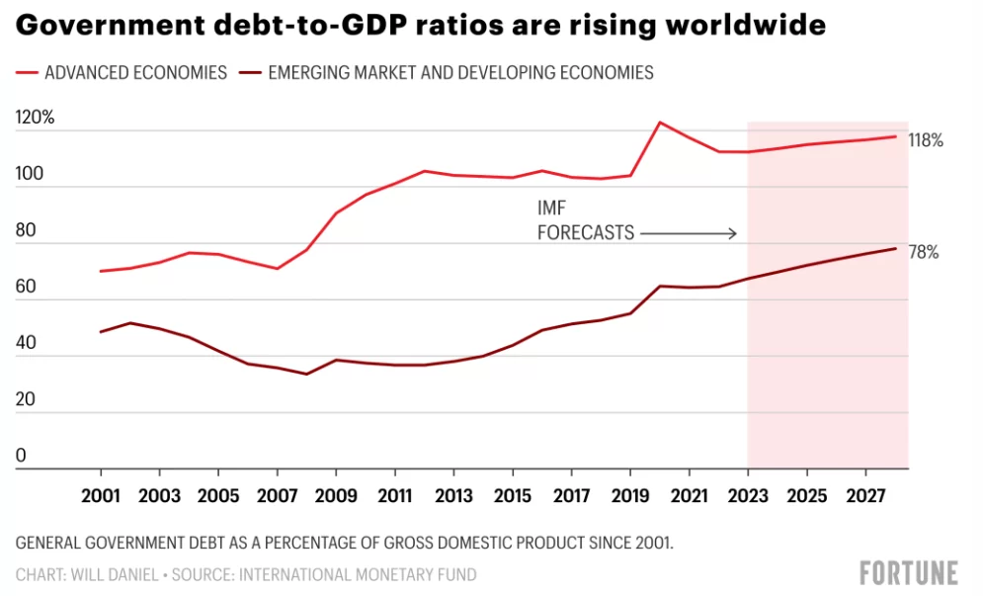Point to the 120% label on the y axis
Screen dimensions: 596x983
[x=36, y=118]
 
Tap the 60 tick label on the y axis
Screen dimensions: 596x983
[x=26, y=288]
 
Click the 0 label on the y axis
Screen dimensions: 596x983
[x=21, y=457]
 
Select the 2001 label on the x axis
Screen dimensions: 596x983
[x=101, y=494]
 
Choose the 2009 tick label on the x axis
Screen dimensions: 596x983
[x=336, y=494]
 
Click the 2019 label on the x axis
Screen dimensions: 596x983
[x=630, y=494]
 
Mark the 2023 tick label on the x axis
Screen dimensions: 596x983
[x=748, y=494]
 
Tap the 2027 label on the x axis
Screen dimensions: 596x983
[x=865, y=494]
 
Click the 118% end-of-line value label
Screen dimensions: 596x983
[x=926, y=140]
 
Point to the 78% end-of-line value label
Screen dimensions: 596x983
[x=923, y=253]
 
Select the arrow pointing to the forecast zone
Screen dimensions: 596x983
[x=689, y=234]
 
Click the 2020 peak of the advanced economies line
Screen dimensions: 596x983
[x=660, y=123]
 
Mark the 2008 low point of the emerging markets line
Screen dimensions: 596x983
[x=306, y=374]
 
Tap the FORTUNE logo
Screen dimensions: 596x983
[x=909, y=573]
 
